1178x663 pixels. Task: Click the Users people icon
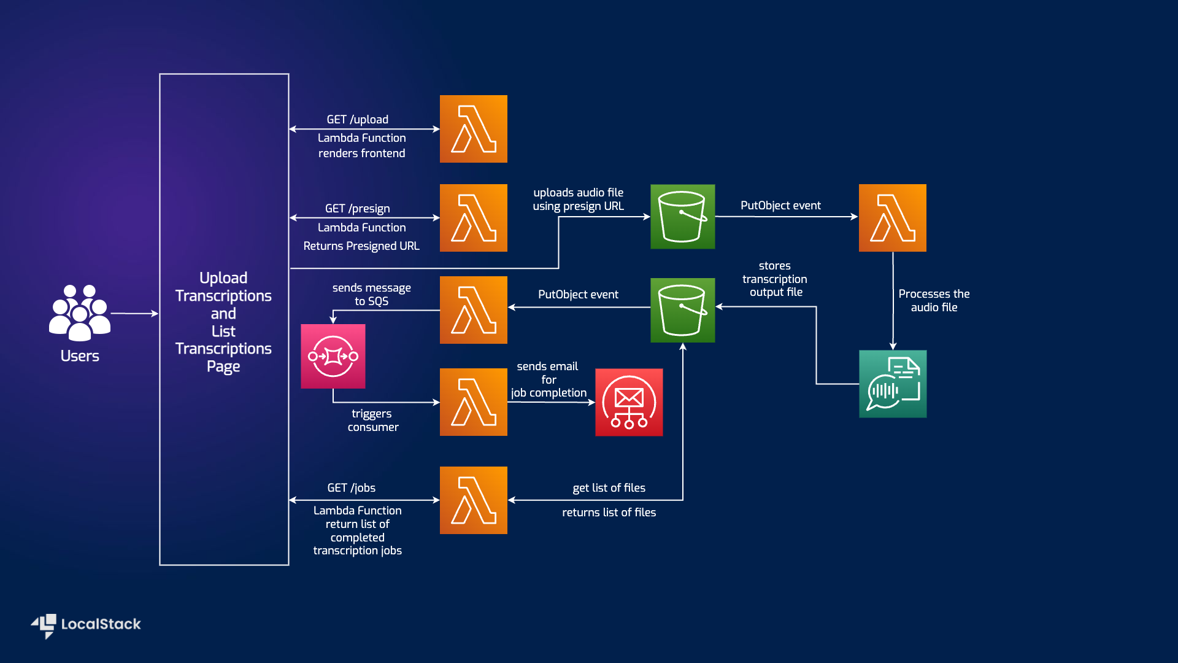point(80,312)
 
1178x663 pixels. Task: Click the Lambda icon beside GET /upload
point(473,129)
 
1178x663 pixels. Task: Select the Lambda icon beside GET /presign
point(473,218)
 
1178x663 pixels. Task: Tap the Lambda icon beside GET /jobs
point(473,500)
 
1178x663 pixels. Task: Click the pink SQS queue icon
point(333,356)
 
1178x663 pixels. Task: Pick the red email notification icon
point(629,402)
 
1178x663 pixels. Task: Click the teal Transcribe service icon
point(893,384)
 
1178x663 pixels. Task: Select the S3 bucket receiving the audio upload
point(682,216)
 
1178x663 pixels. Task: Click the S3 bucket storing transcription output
point(682,310)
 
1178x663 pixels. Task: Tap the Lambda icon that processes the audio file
point(892,218)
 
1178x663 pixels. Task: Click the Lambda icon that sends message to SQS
point(473,310)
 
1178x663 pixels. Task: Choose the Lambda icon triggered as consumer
point(473,402)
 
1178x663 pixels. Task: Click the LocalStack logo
point(87,625)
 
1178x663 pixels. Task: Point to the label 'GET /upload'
point(357,119)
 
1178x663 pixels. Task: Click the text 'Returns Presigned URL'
point(361,246)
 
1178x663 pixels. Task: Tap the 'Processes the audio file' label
point(934,301)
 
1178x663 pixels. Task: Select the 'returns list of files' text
point(609,513)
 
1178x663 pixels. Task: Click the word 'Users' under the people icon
point(80,356)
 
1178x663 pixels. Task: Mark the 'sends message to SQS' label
point(371,294)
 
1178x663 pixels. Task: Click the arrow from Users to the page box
point(134,313)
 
